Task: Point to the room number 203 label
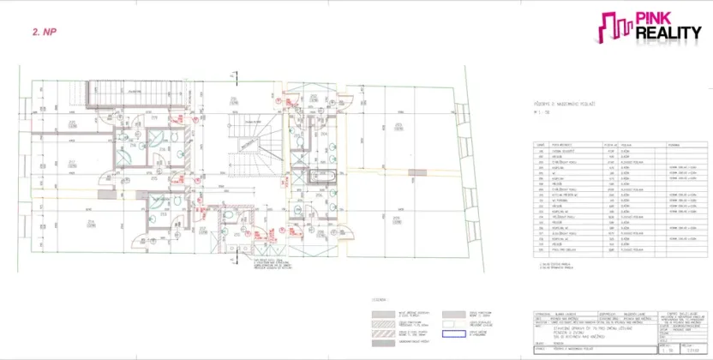pos(398,127)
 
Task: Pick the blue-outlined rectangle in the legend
pos(455,333)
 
